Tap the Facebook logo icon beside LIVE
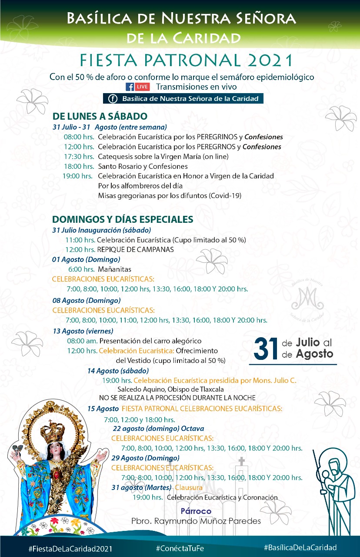[129, 87]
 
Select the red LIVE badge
[142, 87]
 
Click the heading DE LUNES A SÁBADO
[100, 116]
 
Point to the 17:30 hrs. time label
[79, 156]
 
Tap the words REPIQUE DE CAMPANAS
[135, 250]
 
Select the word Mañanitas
[114, 269]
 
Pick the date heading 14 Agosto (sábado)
[118, 371]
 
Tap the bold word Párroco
[196, 511]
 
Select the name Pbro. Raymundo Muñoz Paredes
[196, 521]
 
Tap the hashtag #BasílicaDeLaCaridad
[300, 547]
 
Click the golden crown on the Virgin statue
[52, 430]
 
